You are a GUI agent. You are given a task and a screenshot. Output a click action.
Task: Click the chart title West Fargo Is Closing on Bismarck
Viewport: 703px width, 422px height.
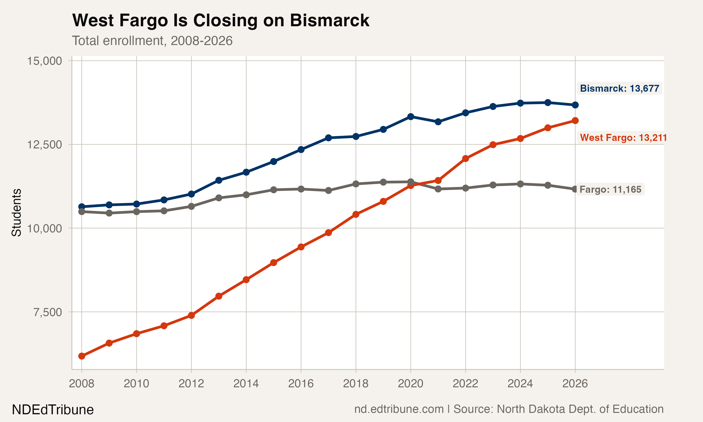(221, 20)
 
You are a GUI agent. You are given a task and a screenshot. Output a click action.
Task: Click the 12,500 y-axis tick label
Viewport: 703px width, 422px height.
(44, 145)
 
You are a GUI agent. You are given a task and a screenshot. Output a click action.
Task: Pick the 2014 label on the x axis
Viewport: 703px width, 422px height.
(246, 384)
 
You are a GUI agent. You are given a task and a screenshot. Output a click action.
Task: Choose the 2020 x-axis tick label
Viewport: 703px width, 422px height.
(410, 384)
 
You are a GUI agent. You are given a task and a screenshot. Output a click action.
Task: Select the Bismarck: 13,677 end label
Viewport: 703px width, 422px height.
(619, 88)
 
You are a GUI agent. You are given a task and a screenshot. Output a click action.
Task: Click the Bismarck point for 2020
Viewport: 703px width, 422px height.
(410, 117)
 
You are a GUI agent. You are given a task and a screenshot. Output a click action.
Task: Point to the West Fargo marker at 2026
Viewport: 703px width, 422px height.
(575, 121)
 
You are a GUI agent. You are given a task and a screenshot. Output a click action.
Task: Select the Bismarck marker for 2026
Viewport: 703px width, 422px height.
(575, 105)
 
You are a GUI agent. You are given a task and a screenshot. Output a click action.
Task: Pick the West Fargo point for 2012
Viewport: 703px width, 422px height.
(191, 315)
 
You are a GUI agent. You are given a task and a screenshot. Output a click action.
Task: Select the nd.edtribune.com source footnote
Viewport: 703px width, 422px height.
(509, 409)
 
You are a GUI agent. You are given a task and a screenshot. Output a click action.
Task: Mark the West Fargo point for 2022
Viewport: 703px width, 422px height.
(465, 159)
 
